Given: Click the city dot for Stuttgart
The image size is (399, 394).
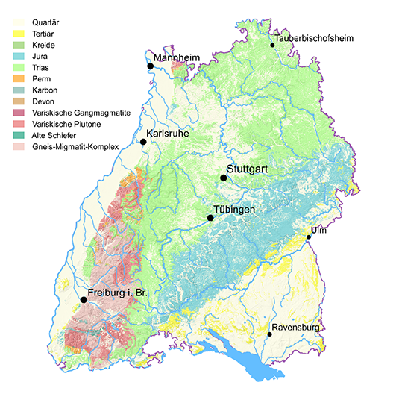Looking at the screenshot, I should click(223, 178).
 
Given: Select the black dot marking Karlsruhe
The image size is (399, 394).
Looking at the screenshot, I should click(143, 142).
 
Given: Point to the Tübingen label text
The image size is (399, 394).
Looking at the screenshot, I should click(235, 210).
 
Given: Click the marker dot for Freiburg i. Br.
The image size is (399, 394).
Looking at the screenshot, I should click(84, 300).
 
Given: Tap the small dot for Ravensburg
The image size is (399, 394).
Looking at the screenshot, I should click(269, 334).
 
